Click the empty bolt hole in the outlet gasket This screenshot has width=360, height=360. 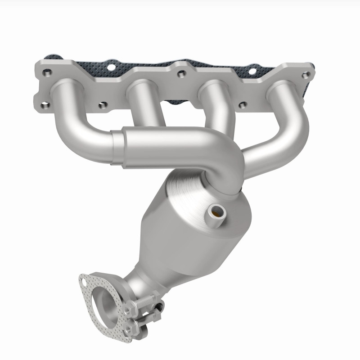click(x=83, y=282)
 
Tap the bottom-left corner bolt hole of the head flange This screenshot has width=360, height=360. click(x=45, y=106)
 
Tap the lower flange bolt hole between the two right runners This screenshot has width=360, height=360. click(x=243, y=105)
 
